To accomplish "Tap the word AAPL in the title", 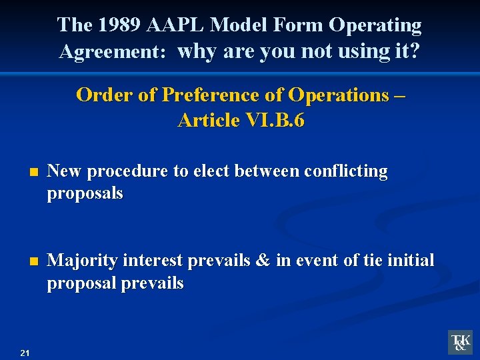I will pos(174,25).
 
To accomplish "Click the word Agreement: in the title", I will pos(112,52).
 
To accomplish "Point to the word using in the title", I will pos(358,52).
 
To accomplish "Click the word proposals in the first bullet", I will pos(85,193).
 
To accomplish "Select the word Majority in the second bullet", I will pos(78,260).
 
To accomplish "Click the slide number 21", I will pos(25,353).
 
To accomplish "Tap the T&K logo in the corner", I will pos(460,341).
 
